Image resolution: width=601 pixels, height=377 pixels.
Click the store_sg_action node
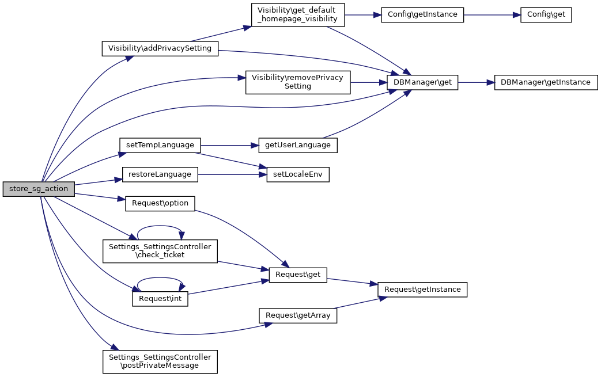coord(39,189)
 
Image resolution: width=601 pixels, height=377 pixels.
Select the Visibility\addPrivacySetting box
coord(160,48)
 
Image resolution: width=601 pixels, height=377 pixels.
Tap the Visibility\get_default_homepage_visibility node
coord(298,14)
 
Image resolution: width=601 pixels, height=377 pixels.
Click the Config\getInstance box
coord(422,14)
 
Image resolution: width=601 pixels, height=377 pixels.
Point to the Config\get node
coord(546,14)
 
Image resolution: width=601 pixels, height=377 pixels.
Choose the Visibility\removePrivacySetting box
coord(298,82)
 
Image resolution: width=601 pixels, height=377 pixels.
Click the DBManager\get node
coord(422,82)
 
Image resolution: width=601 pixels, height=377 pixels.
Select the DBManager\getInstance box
coord(546,82)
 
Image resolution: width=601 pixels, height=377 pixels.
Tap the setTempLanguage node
coord(160,145)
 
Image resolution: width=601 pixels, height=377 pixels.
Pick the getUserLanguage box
coord(298,145)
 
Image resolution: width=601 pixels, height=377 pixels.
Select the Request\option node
coord(160,203)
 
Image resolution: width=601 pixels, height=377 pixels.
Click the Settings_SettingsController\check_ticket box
coord(160,251)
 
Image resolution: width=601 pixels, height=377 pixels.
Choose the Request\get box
coord(298,275)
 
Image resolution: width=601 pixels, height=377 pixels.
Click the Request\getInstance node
coord(422,290)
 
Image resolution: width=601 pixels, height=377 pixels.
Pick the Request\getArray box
coord(298,315)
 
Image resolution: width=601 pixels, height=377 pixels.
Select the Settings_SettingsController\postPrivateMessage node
coord(160,361)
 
